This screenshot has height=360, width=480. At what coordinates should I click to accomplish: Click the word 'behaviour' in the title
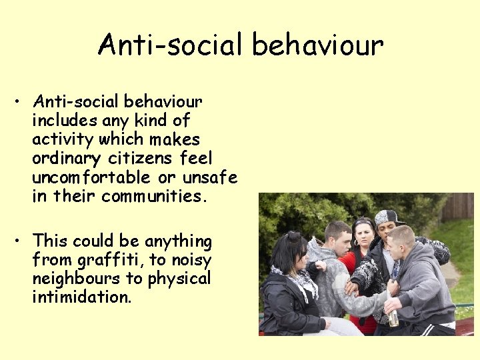pyautogui.click(x=318, y=45)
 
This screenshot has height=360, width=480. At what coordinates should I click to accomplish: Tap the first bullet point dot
pyautogui.click(x=21, y=103)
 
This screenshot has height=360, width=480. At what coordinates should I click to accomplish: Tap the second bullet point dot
pyautogui.click(x=21, y=241)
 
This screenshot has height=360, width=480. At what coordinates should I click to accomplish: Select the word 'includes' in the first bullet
pyautogui.click(x=65, y=121)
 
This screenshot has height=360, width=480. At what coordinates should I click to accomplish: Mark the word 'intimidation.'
pyautogui.click(x=81, y=297)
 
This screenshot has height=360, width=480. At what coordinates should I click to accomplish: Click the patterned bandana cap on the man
pyautogui.click(x=389, y=217)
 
